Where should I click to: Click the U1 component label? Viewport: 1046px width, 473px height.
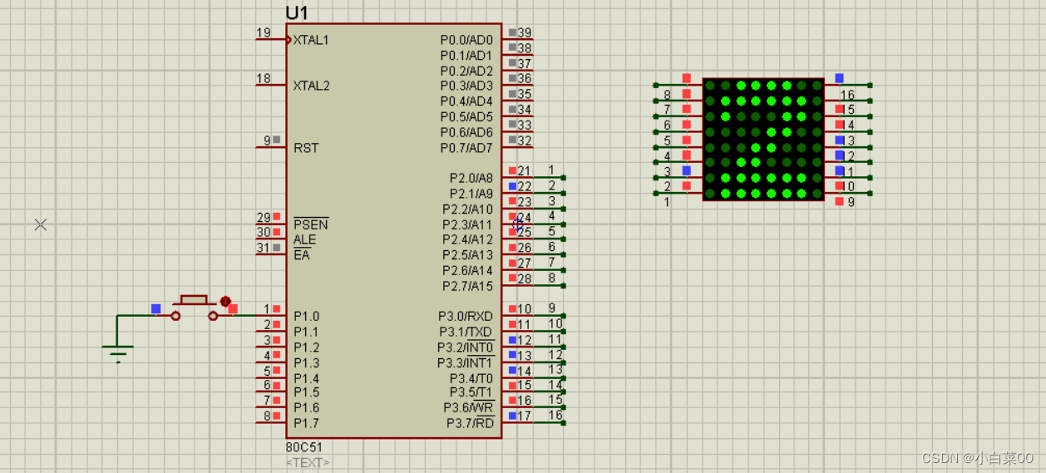point(296,12)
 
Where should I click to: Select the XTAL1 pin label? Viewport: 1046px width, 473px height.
point(311,40)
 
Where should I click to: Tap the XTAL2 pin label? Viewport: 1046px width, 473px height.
point(311,86)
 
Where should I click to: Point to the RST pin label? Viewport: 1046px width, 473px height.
point(306,148)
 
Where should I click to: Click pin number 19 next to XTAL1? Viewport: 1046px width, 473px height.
point(264,33)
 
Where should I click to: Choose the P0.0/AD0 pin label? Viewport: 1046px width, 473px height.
point(466,40)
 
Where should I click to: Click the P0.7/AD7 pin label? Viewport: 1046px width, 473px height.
point(466,148)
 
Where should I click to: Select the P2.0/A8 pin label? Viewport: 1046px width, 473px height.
point(471,178)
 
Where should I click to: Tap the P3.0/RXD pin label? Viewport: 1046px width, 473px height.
point(466,316)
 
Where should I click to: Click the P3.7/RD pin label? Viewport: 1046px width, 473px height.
point(470,423)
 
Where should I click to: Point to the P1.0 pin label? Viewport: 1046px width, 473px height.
point(306,316)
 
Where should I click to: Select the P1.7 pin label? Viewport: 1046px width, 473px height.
point(306,423)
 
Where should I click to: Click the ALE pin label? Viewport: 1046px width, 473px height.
point(305,239)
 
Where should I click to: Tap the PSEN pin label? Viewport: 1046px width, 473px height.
point(311,224)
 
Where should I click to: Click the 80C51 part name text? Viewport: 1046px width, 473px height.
point(303,447)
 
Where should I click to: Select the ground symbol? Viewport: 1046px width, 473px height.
point(119,353)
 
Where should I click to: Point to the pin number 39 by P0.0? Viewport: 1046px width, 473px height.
point(525,32)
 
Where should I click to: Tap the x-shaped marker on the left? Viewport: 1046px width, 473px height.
point(41,224)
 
